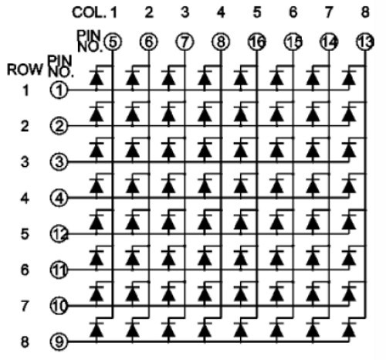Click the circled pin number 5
113,42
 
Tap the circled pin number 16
257,42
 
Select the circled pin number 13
365,42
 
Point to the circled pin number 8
221,42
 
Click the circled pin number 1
59,90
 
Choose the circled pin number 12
59,234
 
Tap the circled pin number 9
59,342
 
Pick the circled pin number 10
59,306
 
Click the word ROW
25,70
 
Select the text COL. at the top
89,12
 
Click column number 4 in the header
221,12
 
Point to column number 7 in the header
328,12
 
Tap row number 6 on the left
25,270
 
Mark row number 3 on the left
25,162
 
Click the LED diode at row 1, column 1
96,77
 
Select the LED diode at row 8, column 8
349,329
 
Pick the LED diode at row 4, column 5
241,185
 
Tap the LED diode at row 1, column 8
349,77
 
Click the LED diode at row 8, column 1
96,329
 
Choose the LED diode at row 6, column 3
169,257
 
